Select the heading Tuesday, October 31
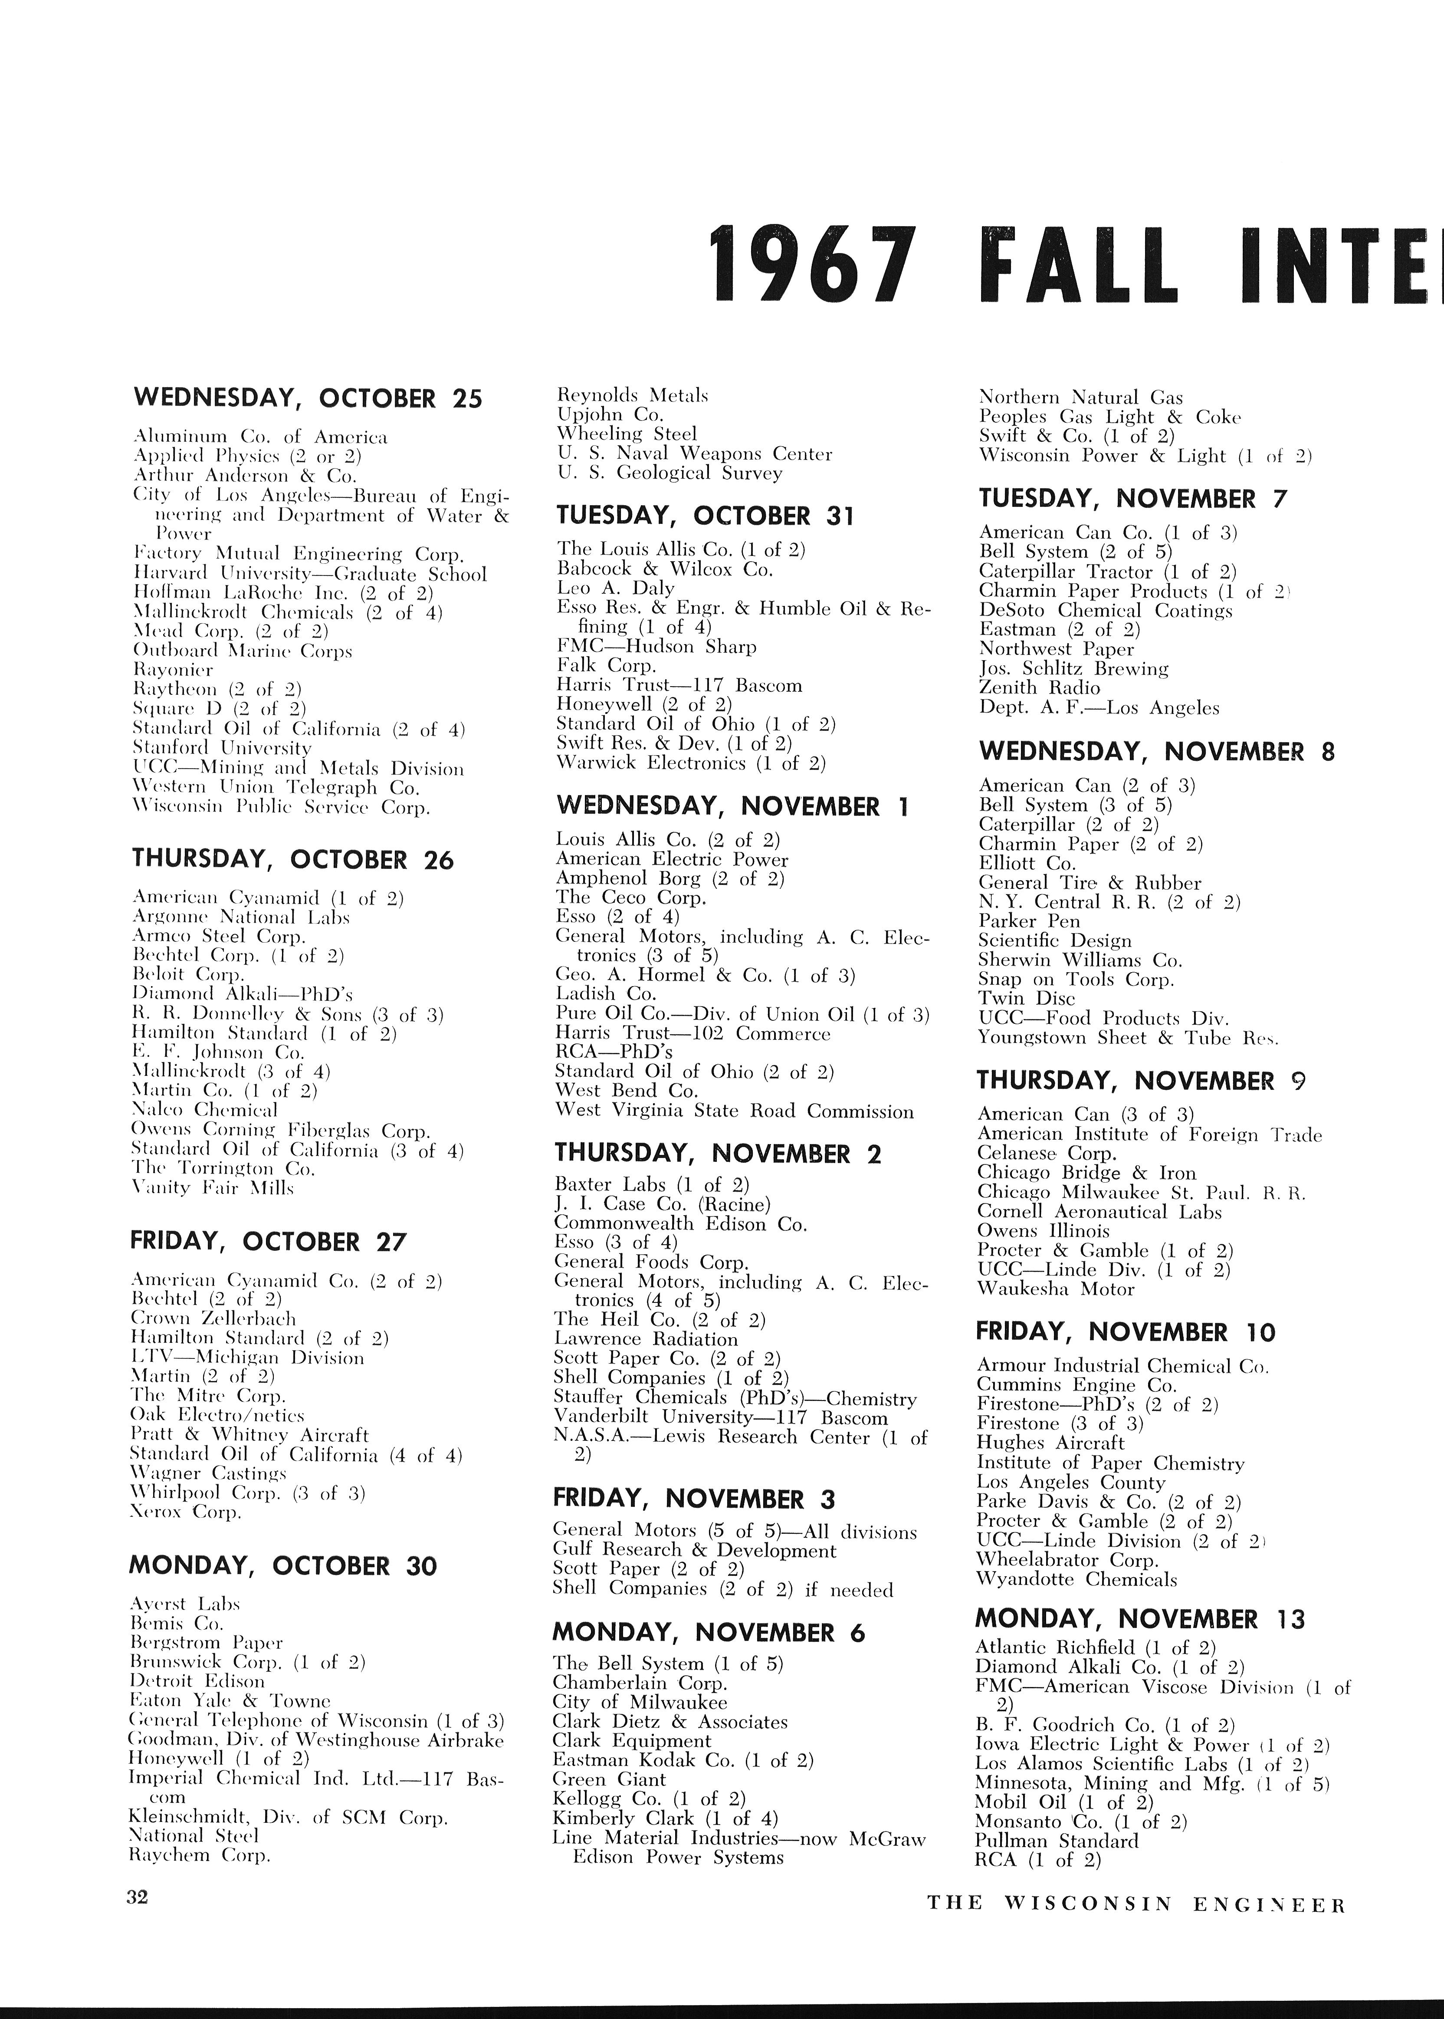(705, 516)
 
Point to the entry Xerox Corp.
(186, 1512)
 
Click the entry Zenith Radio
(1040, 687)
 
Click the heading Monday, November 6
(709, 1633)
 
